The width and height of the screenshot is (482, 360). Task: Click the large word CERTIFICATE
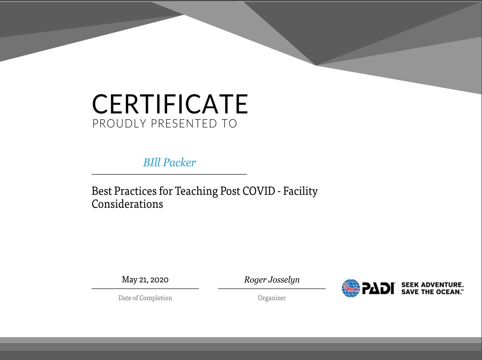170,104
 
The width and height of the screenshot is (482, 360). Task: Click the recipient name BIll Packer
169,163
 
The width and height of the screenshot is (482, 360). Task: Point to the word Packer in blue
179,163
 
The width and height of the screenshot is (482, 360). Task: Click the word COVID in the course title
259,191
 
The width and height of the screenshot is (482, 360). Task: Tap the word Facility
300,191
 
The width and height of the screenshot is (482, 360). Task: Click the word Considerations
127,204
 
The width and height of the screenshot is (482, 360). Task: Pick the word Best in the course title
101,191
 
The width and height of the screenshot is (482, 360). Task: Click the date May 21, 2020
145,280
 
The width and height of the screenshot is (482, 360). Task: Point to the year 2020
159,280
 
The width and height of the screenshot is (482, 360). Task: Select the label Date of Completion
145,298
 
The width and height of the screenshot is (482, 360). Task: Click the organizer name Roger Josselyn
272,280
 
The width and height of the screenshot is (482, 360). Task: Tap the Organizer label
272,298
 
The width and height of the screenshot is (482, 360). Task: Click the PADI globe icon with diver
351,288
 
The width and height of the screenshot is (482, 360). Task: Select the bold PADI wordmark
378,288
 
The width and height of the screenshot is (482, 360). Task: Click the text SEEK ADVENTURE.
432,285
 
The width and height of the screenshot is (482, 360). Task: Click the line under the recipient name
169,174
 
